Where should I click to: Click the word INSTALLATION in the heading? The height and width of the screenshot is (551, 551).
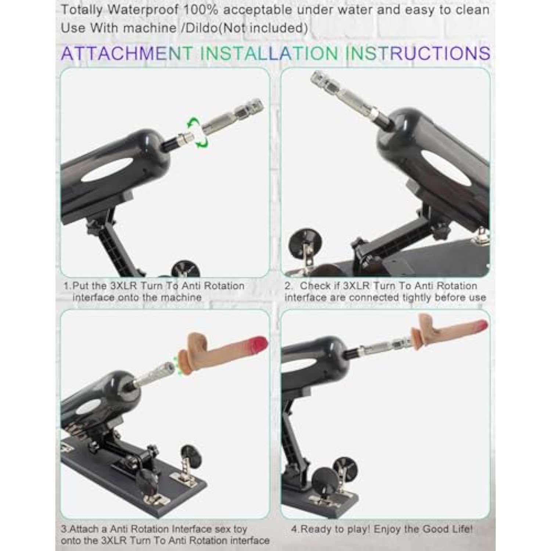[269, 54]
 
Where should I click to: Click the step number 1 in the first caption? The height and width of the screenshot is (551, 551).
[66, 286]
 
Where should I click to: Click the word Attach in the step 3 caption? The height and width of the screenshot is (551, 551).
[84, 529]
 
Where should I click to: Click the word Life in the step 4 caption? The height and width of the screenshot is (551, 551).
[464, 529]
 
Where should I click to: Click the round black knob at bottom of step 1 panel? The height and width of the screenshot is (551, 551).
[186, 269]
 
